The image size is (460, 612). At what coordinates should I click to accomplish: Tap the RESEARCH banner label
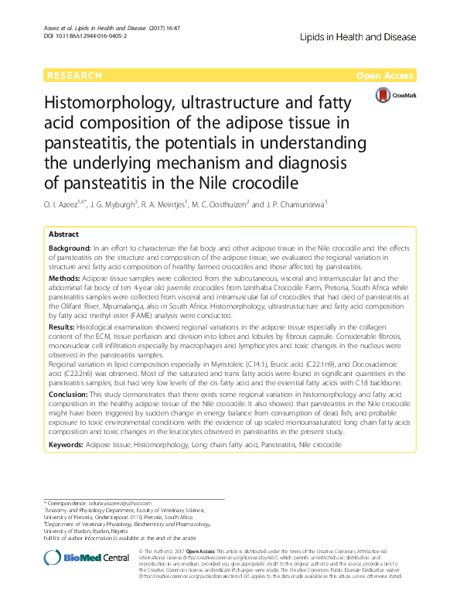tap(74, 76)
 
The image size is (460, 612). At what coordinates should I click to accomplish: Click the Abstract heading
tap(63, 234)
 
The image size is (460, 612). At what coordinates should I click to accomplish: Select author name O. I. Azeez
tap(69, 205)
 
